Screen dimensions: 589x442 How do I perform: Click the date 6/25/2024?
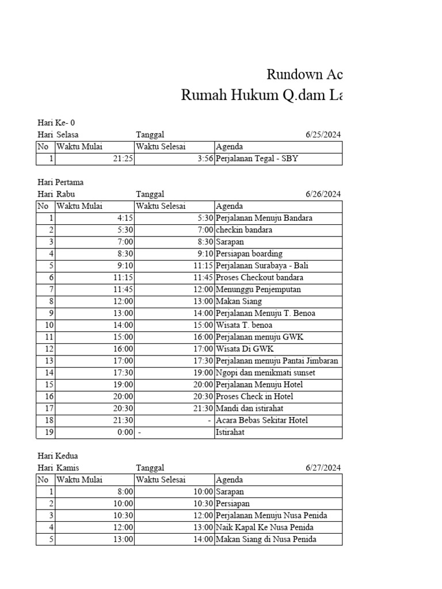coord(323,135)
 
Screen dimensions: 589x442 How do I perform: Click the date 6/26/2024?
coord(323,194)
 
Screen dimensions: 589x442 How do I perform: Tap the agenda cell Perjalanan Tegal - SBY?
coord(257,159)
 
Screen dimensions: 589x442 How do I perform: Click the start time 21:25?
coord(123,159)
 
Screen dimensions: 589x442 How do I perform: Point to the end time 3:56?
coord(204,159)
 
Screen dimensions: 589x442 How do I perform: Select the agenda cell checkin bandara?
coord(236,230)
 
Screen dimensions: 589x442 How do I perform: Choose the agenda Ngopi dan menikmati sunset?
coord(265,373)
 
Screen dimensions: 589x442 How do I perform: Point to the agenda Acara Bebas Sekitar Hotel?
coord(261,420)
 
